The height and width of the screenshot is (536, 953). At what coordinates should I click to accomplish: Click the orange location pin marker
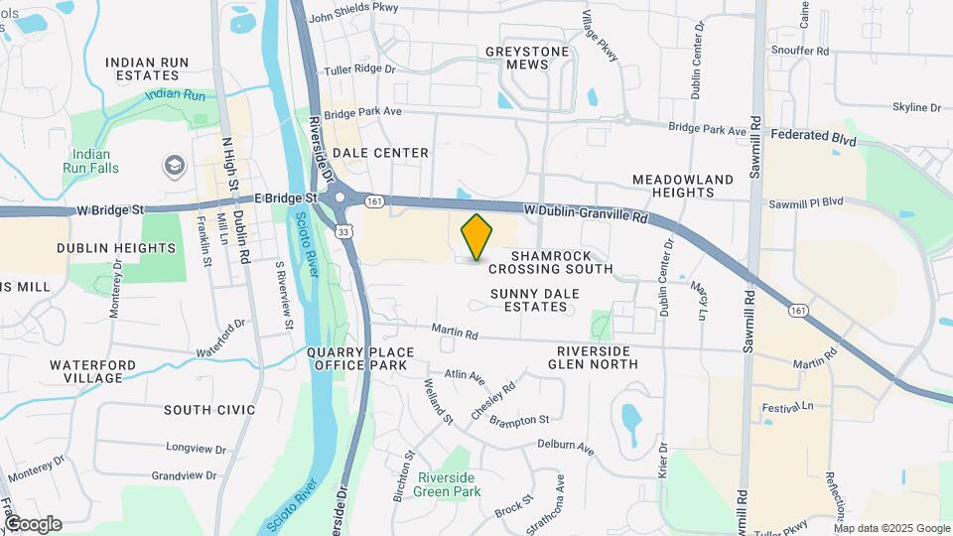(x=477, y=236)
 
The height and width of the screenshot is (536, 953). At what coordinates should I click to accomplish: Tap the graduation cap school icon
(x=175, y=164)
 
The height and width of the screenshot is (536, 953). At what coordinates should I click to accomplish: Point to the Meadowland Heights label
(x=697, y=187)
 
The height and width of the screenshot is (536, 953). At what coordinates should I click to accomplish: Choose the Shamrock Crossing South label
(x=550, y=262)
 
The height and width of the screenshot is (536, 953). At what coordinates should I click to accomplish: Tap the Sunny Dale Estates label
(x=529, y=301)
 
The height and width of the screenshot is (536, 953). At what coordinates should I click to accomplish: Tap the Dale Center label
(x=380, y=153)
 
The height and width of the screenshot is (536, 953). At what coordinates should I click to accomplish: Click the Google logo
(x=32, y=523)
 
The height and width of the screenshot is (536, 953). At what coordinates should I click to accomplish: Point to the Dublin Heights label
(x=102, y=248)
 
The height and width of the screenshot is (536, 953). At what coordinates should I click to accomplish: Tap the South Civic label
(x=209, y=410)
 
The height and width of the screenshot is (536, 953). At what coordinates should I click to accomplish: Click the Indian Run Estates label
(x=147, y=68)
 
